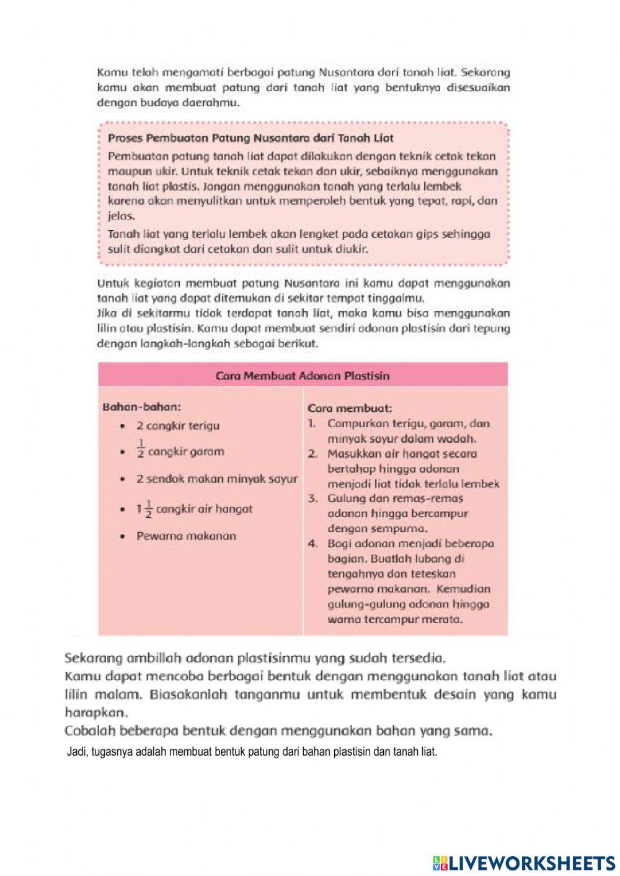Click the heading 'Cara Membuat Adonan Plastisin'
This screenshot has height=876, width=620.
click(303, 376)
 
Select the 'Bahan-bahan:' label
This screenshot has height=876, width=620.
click(141, 407)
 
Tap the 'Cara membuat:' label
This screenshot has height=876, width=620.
click(350, 409)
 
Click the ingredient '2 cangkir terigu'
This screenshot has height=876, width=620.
click(178, 426)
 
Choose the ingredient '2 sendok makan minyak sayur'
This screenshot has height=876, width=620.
click(217, 479)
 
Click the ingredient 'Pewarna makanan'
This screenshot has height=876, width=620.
click(186, 536)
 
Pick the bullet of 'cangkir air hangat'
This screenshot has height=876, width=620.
click(124, 510)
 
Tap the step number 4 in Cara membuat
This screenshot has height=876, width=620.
click(313, 544)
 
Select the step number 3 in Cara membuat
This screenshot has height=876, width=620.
click(313, 498)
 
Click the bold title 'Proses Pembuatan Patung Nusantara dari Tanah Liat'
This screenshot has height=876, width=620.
click(250, 138)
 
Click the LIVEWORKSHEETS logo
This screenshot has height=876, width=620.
click(523, 862)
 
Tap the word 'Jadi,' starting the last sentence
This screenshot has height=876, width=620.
click(77, 752)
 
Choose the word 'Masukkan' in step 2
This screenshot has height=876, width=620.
click(352, 454)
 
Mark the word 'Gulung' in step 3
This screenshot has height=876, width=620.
click(345, 498)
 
